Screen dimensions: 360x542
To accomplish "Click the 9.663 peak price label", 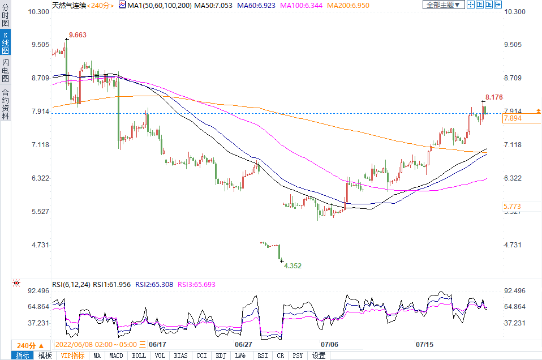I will [x=78, y=35].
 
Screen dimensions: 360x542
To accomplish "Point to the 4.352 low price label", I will [x=292, y=265].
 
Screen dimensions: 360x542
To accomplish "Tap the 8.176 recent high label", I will [x=494, y=97].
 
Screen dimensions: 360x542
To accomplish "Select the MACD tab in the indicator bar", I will [x=116, y=355].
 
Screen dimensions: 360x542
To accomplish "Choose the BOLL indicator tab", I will [x=139, y=355].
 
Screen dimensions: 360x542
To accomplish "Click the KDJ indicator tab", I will [x=221, y=355].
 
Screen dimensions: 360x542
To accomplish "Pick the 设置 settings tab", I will [x=319, y=355].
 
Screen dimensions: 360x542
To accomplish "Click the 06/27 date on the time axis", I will [x=243, y=344].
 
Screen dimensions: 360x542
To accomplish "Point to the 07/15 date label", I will [x=425, y=344].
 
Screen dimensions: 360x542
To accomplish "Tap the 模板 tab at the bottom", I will [x=45, y=355].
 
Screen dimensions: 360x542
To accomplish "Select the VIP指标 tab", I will [x=72, y=355].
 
